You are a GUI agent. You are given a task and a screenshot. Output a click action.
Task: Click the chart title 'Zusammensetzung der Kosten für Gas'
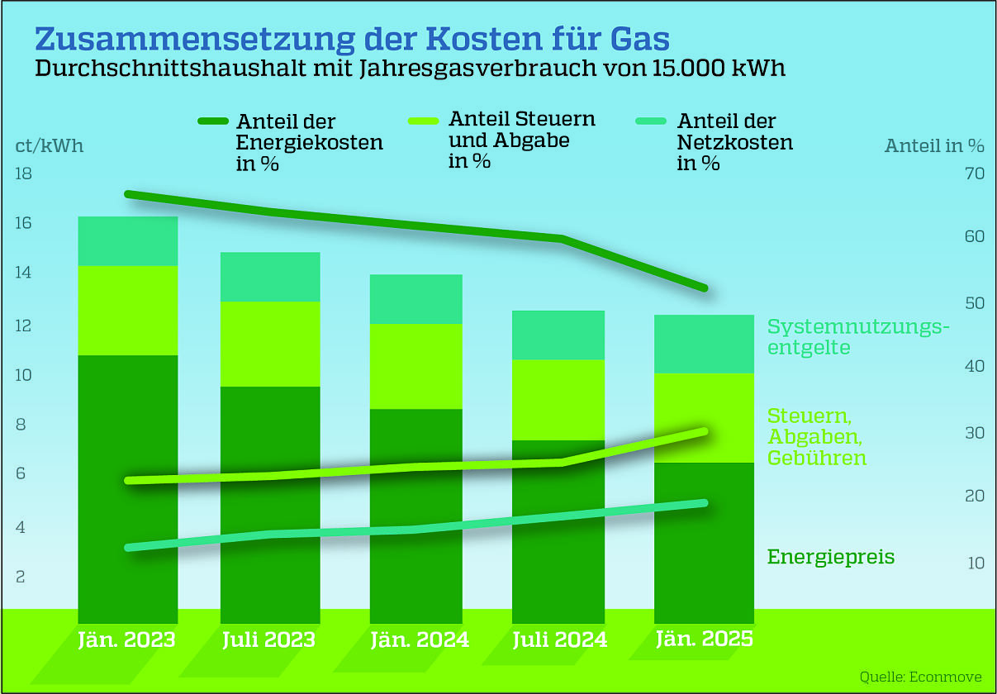coord(352,39)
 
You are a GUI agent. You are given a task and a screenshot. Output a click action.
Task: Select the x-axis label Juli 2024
coord(559,640)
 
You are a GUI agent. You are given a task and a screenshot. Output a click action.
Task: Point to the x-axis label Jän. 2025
coord(704,639)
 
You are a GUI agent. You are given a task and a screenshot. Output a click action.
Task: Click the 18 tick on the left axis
coord(23,174)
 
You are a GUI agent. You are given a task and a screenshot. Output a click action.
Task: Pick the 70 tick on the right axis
coord(974,174)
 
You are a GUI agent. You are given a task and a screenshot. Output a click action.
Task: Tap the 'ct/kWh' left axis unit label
coord(50,145)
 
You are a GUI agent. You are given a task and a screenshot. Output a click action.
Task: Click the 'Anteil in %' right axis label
coord(934,146)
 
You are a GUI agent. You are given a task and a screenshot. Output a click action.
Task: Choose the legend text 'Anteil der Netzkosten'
coord(734,142)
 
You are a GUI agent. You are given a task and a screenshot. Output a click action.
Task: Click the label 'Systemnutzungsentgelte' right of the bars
coord(857,337)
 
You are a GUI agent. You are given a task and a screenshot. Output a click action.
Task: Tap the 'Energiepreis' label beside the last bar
coord(831,557)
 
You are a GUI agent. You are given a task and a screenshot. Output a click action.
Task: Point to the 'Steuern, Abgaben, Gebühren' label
coord(817,436)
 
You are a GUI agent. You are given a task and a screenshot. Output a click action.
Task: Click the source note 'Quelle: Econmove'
coord(920,677)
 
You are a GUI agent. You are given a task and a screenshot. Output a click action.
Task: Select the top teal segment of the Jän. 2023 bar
coord(127,241)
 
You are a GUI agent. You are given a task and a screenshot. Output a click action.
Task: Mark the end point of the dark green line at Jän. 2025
coord(703,288)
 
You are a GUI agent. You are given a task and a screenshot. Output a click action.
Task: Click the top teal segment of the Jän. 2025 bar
coord(704,344)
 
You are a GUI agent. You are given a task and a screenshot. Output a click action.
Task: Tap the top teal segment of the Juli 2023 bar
coord(270,277)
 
